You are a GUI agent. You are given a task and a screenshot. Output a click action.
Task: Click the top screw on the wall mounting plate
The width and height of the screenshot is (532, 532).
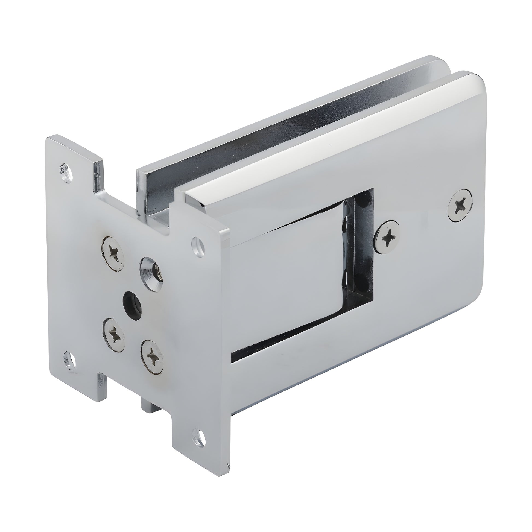click(113, 251)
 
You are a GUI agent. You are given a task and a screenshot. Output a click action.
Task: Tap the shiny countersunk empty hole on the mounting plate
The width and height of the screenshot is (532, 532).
click(151, 273)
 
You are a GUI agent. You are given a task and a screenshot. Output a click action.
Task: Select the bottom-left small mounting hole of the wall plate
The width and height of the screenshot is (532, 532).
click(70, 359)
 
